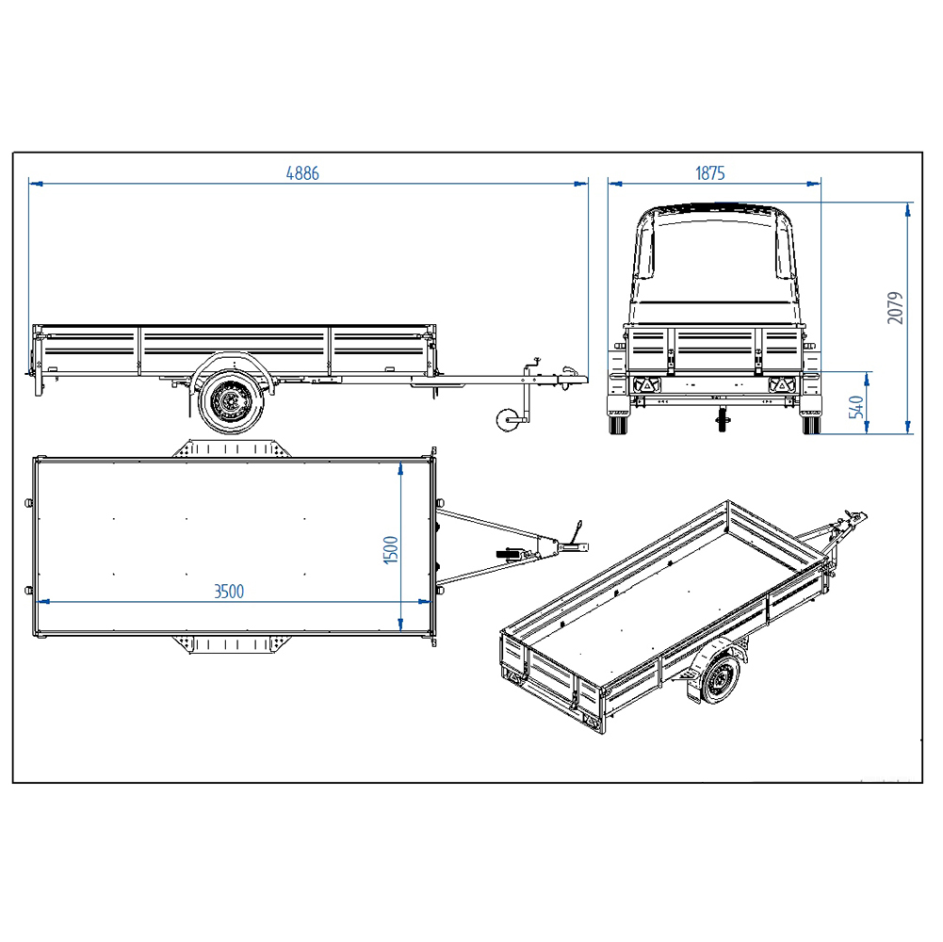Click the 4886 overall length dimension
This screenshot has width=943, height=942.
[x=303, y=173]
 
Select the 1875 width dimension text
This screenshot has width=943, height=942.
[x=710, y=173]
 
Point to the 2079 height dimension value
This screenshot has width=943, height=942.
[x=896, y=307]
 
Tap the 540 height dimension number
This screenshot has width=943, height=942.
[x=856, y=407]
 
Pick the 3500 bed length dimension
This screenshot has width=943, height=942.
[x=229, y=592]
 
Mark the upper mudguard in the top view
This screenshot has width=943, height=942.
[x=225, y=447]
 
